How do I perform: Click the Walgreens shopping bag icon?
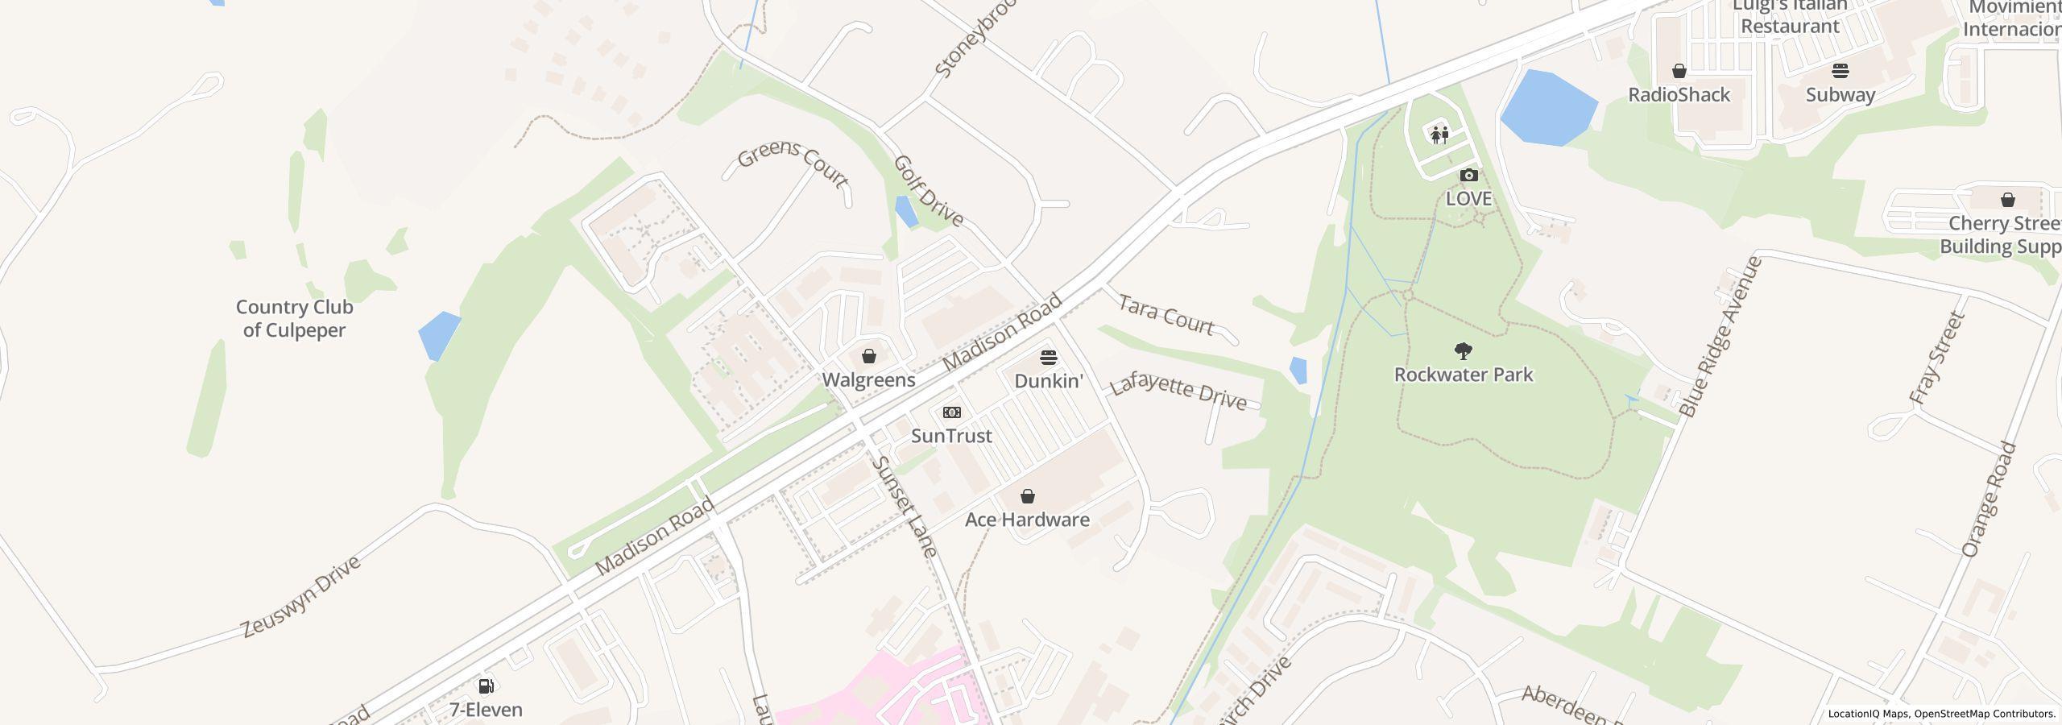[x=868, y=356]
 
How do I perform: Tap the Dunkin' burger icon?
[x=1048, y=357]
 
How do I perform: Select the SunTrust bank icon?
[x=951, y=412]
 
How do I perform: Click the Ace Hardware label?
[x=1027, y=520]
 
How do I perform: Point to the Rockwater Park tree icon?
[x=1463, y=351]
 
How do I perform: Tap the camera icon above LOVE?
[x=1468, y=176]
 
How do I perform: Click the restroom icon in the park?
[x=1439, y=135]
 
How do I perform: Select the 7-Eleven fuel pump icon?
[x=486, y=686]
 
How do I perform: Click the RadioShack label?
[x=1679, y=95]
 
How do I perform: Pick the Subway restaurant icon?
[x=1840, y=71]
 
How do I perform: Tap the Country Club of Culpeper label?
[x=294, y=318]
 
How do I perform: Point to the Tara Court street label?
[x=1166, y=315]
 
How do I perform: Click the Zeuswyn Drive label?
[x=301, y=596]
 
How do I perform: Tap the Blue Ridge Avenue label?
[x=1721, y=337]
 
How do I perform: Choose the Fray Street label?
[x=1937, y=358]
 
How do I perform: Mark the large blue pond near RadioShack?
[x=1546, y=108]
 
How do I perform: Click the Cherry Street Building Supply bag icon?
[x=2007, y=200]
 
